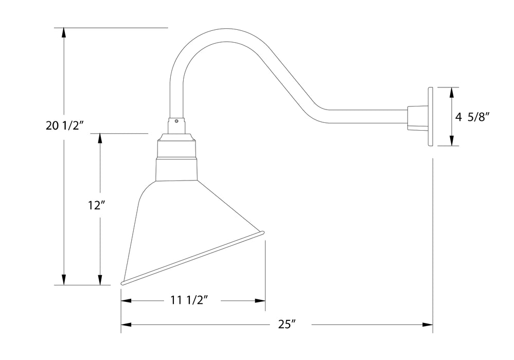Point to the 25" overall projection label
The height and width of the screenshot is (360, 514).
coord(287,325)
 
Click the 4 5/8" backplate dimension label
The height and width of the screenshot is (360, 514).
coord(471,117)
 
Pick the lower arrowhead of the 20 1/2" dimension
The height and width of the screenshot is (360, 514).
coord(64,280)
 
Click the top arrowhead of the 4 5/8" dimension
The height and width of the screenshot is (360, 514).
coord(452,92)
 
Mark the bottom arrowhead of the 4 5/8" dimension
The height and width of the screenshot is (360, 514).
coord(452,141)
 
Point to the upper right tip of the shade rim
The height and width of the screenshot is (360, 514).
coord(263,234)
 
